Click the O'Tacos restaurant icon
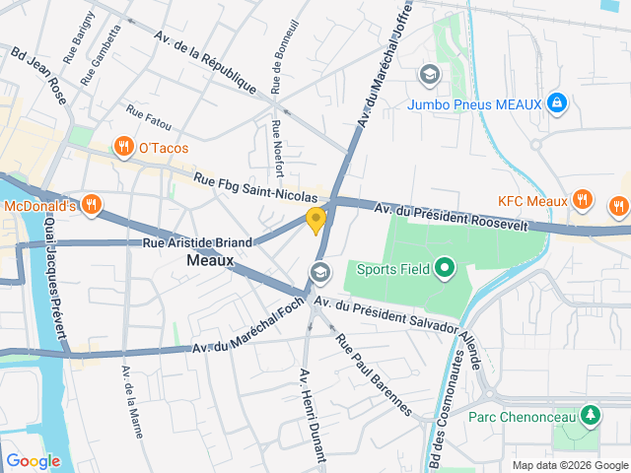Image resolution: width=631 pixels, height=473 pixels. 123,148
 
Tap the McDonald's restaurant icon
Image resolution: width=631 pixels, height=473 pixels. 91,205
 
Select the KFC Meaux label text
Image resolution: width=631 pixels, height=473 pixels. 532,201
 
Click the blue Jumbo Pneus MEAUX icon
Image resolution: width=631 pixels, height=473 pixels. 556,101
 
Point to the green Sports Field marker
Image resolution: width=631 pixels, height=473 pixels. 444,266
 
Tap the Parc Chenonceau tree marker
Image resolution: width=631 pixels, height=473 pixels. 591,415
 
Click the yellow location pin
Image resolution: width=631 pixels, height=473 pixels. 315,221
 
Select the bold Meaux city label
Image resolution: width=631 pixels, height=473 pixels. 209,261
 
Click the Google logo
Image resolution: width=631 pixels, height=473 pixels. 33,461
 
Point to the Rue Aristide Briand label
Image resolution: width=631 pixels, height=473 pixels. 197,241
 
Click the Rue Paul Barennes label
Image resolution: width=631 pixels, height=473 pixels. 374,375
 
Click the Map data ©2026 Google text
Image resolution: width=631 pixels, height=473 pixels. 570,465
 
